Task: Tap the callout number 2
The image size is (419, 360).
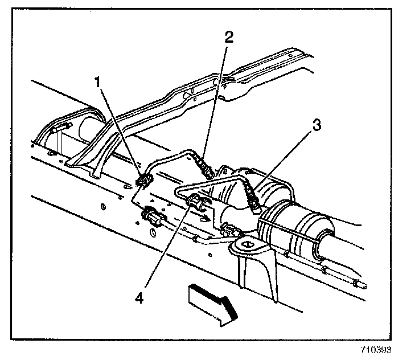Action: (229, 38)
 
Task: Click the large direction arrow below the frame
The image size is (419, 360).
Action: (209, 304)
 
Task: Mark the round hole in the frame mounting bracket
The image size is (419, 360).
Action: (247, 246)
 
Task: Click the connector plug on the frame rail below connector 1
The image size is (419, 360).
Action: (153, 217)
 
